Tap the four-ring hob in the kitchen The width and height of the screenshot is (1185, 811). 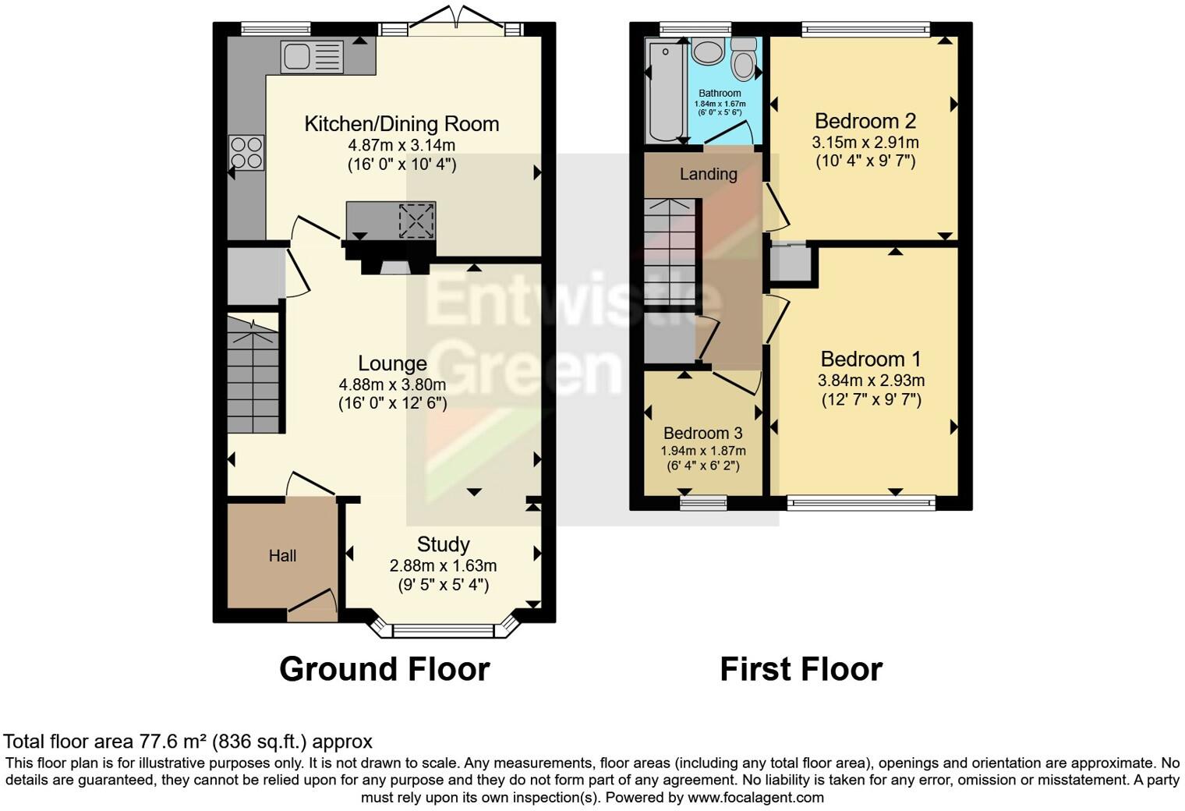[x=246, y=152]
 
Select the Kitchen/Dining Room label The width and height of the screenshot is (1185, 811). [x=401, y=123]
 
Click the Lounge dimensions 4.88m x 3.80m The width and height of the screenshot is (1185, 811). [x=392, y=384]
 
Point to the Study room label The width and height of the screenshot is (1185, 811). [x=443, y=544]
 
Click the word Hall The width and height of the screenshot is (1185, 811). [x=282, y=556]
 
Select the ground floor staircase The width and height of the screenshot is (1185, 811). [x=253, y=374]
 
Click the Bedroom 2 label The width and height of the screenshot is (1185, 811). [x=865, y=121]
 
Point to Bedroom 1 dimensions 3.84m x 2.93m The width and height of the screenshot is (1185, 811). [x=871, y=381]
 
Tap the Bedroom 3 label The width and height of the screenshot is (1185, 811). [x=702, y=433]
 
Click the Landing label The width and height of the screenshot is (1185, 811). [x=708, y=174]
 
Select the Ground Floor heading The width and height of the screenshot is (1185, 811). [x=384, y=669]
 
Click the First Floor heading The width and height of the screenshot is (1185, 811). [x=801, y=669]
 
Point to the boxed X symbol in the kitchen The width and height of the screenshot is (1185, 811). [x=416, y=220]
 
